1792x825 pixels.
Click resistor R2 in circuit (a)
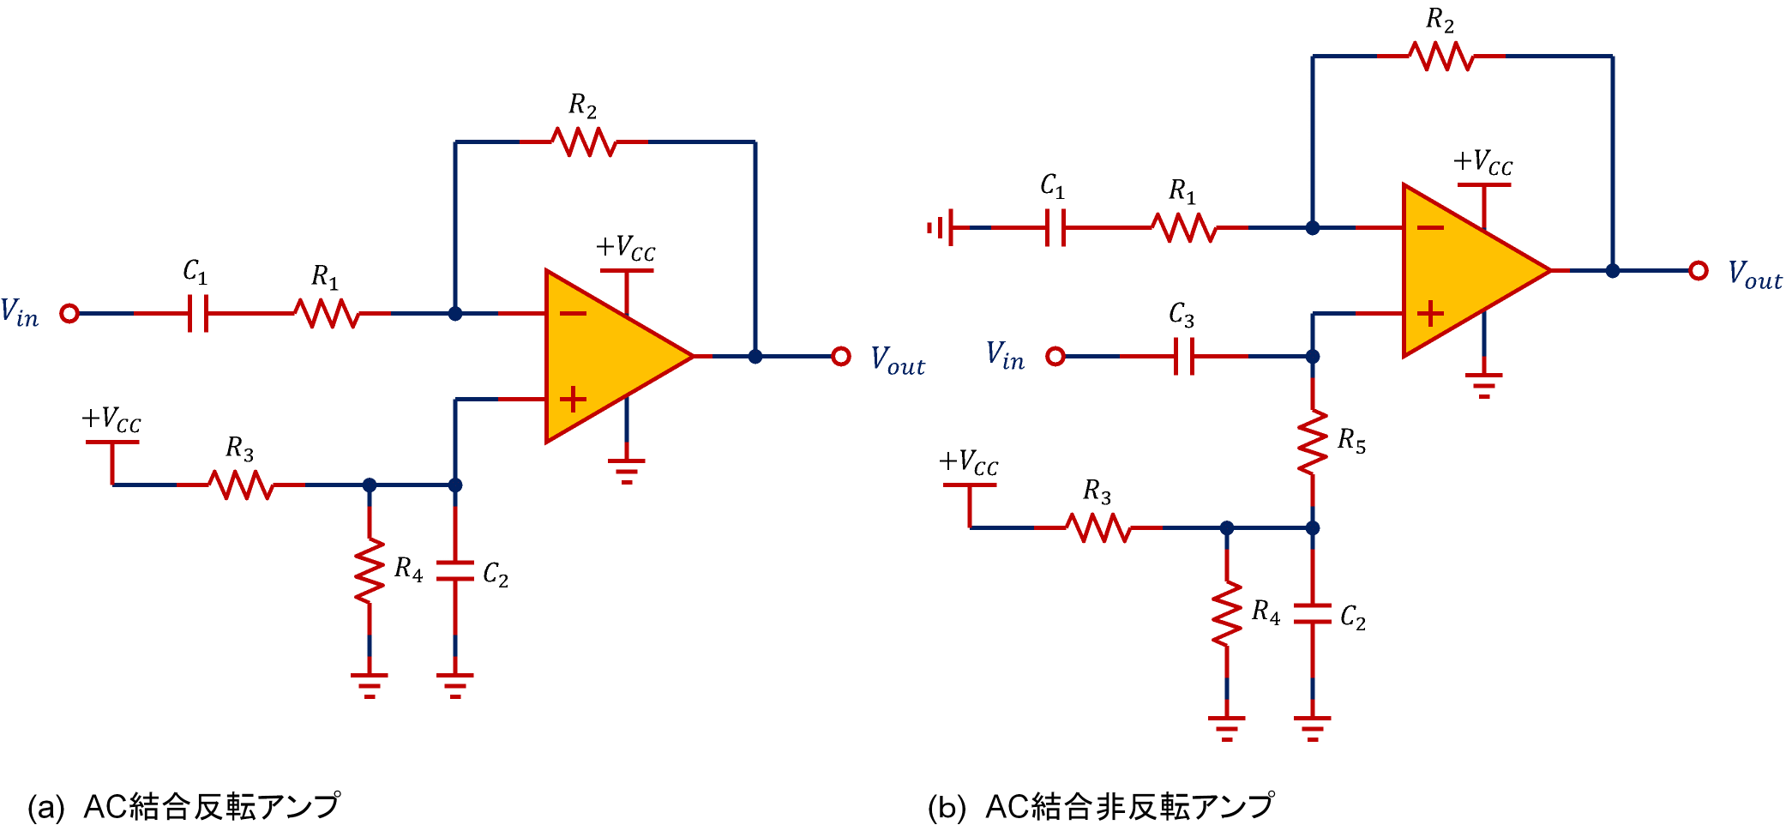(584, 142)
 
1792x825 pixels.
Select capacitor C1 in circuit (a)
(198, 314)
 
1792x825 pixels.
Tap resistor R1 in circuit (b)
(1184, 228)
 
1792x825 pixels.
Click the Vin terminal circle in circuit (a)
(70, 314)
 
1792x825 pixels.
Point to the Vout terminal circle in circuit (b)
(1699, 271)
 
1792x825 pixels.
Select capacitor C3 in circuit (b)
(1184, 356)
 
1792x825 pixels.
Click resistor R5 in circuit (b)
(1313, 443)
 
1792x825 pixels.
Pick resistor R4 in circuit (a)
(370, 571)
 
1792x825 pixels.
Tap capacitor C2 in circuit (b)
(1313, 614)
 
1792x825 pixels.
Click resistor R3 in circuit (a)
(241, 485)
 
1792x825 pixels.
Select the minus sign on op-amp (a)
(573, 314)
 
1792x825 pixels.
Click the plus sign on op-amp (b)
(1430, 314)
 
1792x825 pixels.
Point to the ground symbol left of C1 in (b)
(940, 228)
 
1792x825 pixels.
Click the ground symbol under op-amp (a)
(627, 470)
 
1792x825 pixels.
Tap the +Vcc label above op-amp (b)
(1483, 162)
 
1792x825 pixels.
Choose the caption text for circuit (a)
(184, 806)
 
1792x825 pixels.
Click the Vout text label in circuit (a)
(898, 361)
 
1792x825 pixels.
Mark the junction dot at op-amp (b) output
(1613, 271)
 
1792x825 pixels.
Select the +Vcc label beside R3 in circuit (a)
(111, 420)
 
